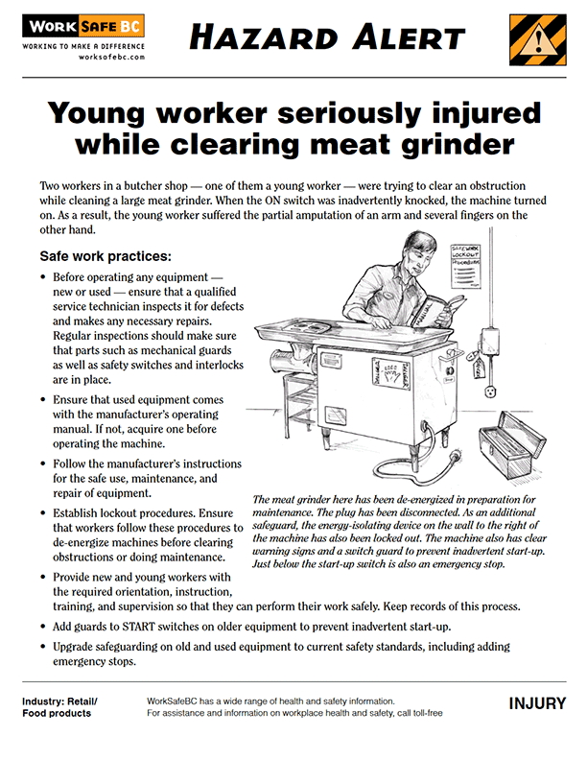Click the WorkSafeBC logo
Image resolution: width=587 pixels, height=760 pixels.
click(83, 28)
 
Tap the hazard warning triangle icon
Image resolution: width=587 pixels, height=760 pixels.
click(537, 41)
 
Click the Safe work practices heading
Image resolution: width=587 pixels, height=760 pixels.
click(106, 256)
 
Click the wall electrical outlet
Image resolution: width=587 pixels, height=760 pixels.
click(494, 394)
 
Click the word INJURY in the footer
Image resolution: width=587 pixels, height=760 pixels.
click(537, 704)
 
